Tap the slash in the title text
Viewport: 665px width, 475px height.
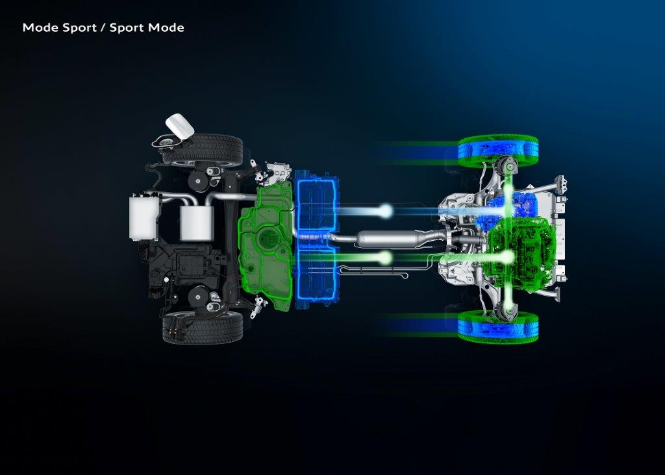click(103, 28)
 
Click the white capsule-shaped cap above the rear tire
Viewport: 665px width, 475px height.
click(179, 125)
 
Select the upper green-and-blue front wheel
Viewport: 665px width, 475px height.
click(497, 151)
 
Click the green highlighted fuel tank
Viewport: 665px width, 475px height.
click(266, 247)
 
